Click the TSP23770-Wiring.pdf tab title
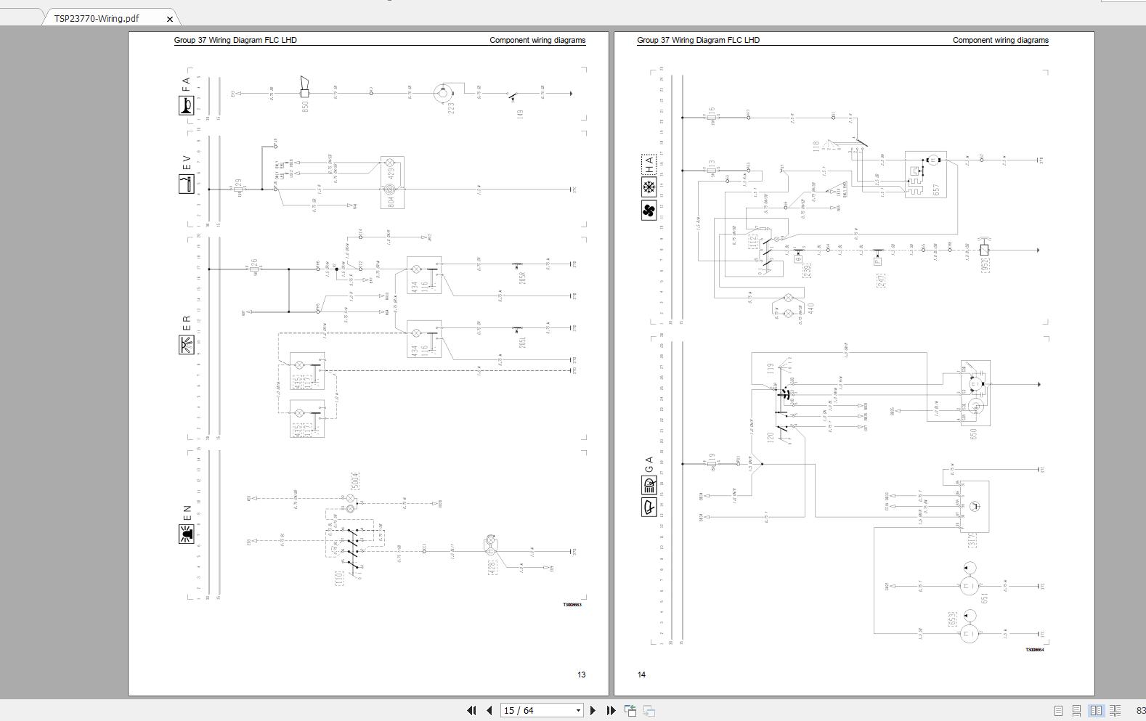point(96,18)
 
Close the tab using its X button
point(170,19)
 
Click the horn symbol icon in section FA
point(186,106)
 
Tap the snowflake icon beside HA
point(649,187)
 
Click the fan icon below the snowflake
point(649,211)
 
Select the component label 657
point(936,190)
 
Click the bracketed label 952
point(986,265)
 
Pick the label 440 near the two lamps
point(810,308)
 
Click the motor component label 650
point(973,433)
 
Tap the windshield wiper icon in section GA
point(649,506)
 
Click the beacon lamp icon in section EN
point(186,534)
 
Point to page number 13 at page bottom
point(581,675)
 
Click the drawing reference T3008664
point(1034,650)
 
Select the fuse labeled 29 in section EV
point(238,186)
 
